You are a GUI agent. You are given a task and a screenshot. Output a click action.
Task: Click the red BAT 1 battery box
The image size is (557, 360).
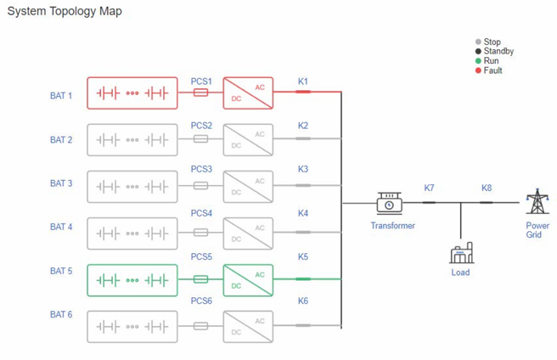[132, 93]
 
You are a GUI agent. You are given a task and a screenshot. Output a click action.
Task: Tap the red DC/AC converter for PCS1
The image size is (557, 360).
[248, 93]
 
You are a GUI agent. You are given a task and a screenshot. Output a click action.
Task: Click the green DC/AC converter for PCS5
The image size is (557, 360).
[248, 279]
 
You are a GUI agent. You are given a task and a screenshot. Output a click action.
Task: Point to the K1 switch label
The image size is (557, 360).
[303, 82]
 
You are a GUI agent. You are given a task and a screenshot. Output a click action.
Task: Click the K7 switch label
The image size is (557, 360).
[429, 188]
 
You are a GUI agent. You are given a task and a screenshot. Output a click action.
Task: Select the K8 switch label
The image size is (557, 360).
[487, 188]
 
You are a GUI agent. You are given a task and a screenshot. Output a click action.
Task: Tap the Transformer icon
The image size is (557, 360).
[390, 204]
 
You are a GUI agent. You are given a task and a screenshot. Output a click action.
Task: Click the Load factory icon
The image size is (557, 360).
[460, 253]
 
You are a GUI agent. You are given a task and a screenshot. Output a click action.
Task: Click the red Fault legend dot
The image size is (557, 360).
[478, 70]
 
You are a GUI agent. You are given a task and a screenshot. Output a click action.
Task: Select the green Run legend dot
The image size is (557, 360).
[478, 61]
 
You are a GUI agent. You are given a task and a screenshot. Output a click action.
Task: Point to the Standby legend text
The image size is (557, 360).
[498, 52]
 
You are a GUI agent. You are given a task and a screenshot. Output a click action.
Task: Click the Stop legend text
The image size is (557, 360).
[492, 42]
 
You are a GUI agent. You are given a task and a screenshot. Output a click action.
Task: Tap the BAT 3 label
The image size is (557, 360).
[61, 183]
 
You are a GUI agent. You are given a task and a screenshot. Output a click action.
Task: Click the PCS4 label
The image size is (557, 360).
[201, 213]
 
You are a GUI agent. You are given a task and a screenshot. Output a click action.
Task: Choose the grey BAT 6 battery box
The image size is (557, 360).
[132, 326]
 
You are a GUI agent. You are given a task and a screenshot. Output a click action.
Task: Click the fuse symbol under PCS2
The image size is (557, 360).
[201, 138]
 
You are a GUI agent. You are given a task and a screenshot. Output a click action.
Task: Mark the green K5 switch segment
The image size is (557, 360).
[303, 278]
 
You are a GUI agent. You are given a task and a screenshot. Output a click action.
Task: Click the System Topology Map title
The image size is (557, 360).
[65, 11]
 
